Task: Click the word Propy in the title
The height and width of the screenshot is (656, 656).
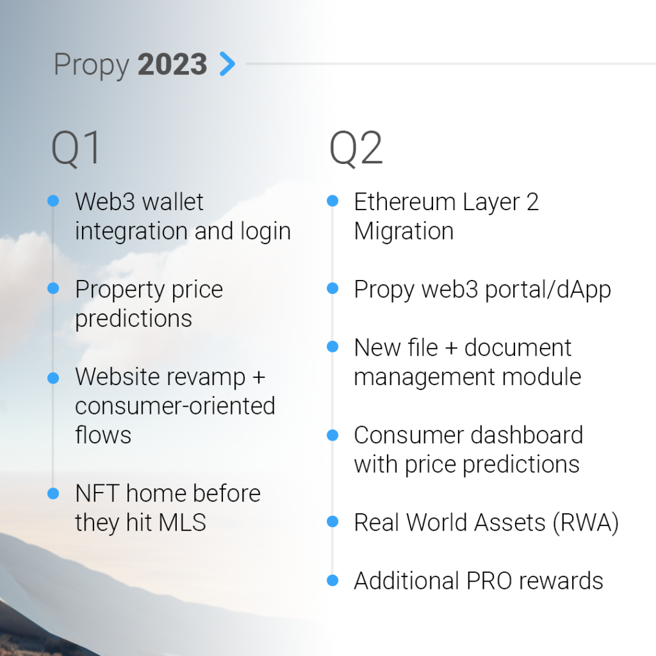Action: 90,65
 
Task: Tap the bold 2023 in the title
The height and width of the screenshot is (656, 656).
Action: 172,65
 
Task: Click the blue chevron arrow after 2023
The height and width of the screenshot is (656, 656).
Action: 227,64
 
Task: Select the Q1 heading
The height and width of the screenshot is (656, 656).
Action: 76,149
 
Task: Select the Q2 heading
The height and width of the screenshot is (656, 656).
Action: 356,149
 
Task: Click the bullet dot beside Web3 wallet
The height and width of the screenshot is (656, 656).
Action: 53,201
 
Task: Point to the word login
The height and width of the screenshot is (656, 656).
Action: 265,231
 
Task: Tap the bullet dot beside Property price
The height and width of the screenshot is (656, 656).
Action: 53,289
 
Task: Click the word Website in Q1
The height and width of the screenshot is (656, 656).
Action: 116,377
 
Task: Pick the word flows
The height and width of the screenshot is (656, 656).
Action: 103,435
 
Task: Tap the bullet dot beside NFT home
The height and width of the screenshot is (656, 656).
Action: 53,493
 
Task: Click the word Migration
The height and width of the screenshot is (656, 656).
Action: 404,231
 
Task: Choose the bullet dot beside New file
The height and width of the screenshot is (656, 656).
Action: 332,347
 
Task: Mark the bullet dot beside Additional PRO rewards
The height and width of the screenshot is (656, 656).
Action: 332,580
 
